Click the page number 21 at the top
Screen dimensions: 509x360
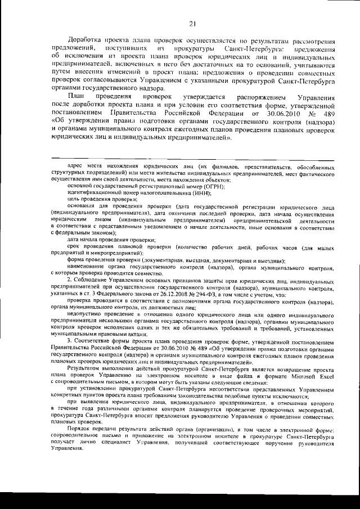[x=192, y=23]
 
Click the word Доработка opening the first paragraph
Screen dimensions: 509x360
[x=85, y=42]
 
